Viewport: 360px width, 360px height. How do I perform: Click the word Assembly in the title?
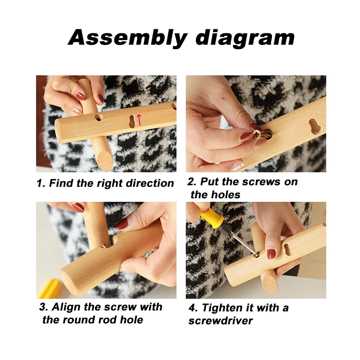128,38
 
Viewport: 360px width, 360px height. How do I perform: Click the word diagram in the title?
245,38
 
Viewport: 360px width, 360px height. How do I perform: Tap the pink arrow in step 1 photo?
139,120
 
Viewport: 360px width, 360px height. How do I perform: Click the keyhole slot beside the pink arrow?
132,121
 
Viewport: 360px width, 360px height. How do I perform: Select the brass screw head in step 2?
256,135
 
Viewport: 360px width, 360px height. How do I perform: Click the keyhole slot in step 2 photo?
313,126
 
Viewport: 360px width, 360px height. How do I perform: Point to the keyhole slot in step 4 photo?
287,249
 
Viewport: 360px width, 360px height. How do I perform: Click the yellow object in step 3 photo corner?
49,288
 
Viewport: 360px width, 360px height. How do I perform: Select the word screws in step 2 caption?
261,182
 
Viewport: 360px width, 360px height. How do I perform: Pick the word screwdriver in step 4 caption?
220,321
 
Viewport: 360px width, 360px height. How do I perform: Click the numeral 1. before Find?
41,184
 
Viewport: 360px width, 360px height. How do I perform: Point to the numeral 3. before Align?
44,307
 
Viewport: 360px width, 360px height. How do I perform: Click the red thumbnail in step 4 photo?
271,254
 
